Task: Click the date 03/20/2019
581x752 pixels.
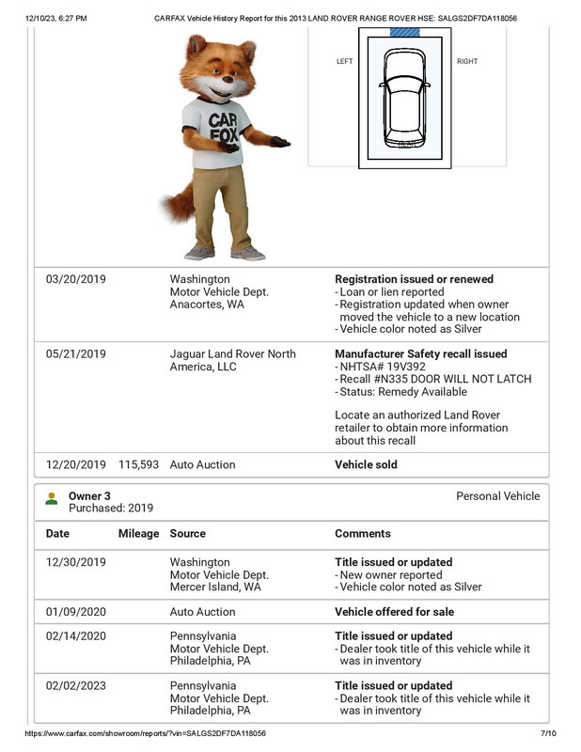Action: (76, 279)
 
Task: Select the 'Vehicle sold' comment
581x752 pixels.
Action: (366, 464)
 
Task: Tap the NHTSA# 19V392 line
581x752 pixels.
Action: (379, 367)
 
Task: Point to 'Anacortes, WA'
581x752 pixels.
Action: (207, 305)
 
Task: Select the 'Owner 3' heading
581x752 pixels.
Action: (89, 495)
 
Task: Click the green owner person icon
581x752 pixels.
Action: (51, 499)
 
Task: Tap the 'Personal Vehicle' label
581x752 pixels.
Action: (497, 496)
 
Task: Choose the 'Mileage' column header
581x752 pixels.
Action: (138, 533)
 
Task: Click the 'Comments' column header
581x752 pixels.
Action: (362, 533)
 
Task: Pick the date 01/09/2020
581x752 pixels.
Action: (76, 612)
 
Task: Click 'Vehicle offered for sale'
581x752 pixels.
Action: (394, 612)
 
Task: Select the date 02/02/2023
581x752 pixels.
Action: (76, 686)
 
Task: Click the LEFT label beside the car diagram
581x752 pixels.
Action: (344, 62)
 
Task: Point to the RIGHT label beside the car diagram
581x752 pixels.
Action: (466, 62)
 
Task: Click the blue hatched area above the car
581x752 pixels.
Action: (404, 32)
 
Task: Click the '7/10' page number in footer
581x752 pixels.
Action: (549, 733)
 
